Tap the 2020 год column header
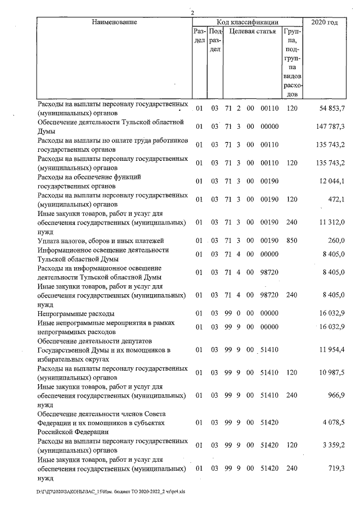click(325, 22)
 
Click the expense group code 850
click(291, 241)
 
